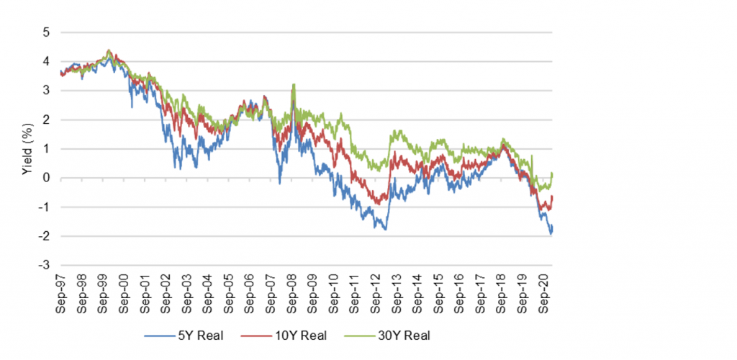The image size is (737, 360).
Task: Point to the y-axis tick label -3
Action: click(x=45, y=266)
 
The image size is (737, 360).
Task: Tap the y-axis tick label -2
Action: click(x=45, y=237)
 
